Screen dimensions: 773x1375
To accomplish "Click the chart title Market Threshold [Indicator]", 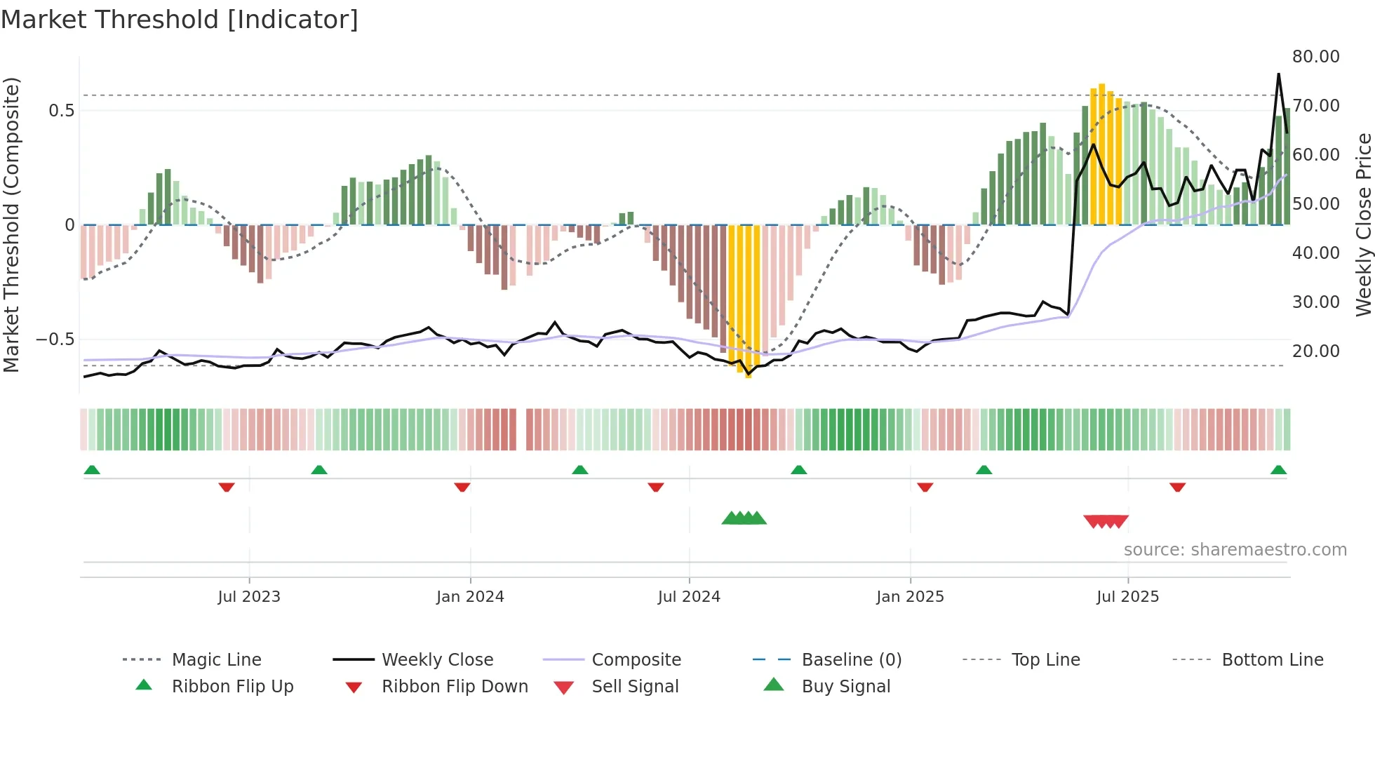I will point(180,20).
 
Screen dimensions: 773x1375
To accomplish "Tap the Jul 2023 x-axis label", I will point(248,597).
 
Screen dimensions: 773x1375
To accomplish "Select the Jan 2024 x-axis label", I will point(470,597).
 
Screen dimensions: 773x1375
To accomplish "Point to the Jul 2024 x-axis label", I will point(689,597).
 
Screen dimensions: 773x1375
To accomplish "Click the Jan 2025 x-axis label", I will point(910,597).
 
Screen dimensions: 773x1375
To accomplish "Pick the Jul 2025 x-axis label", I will point(1127,597).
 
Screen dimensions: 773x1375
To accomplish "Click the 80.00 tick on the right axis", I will point(1315,57).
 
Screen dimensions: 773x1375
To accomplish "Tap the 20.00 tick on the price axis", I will point(1315,351).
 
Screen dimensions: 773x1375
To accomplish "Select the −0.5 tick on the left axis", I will point(55,340).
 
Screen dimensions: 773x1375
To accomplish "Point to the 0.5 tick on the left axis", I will point(61,111).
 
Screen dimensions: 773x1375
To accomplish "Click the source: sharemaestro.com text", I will point(1235,550).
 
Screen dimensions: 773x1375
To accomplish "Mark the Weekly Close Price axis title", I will point(1363,224).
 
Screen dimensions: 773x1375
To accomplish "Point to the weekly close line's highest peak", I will point(1278,74).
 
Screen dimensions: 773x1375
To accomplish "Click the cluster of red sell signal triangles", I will point(1106,521).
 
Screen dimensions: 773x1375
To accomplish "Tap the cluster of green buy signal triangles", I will point(744,518).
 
